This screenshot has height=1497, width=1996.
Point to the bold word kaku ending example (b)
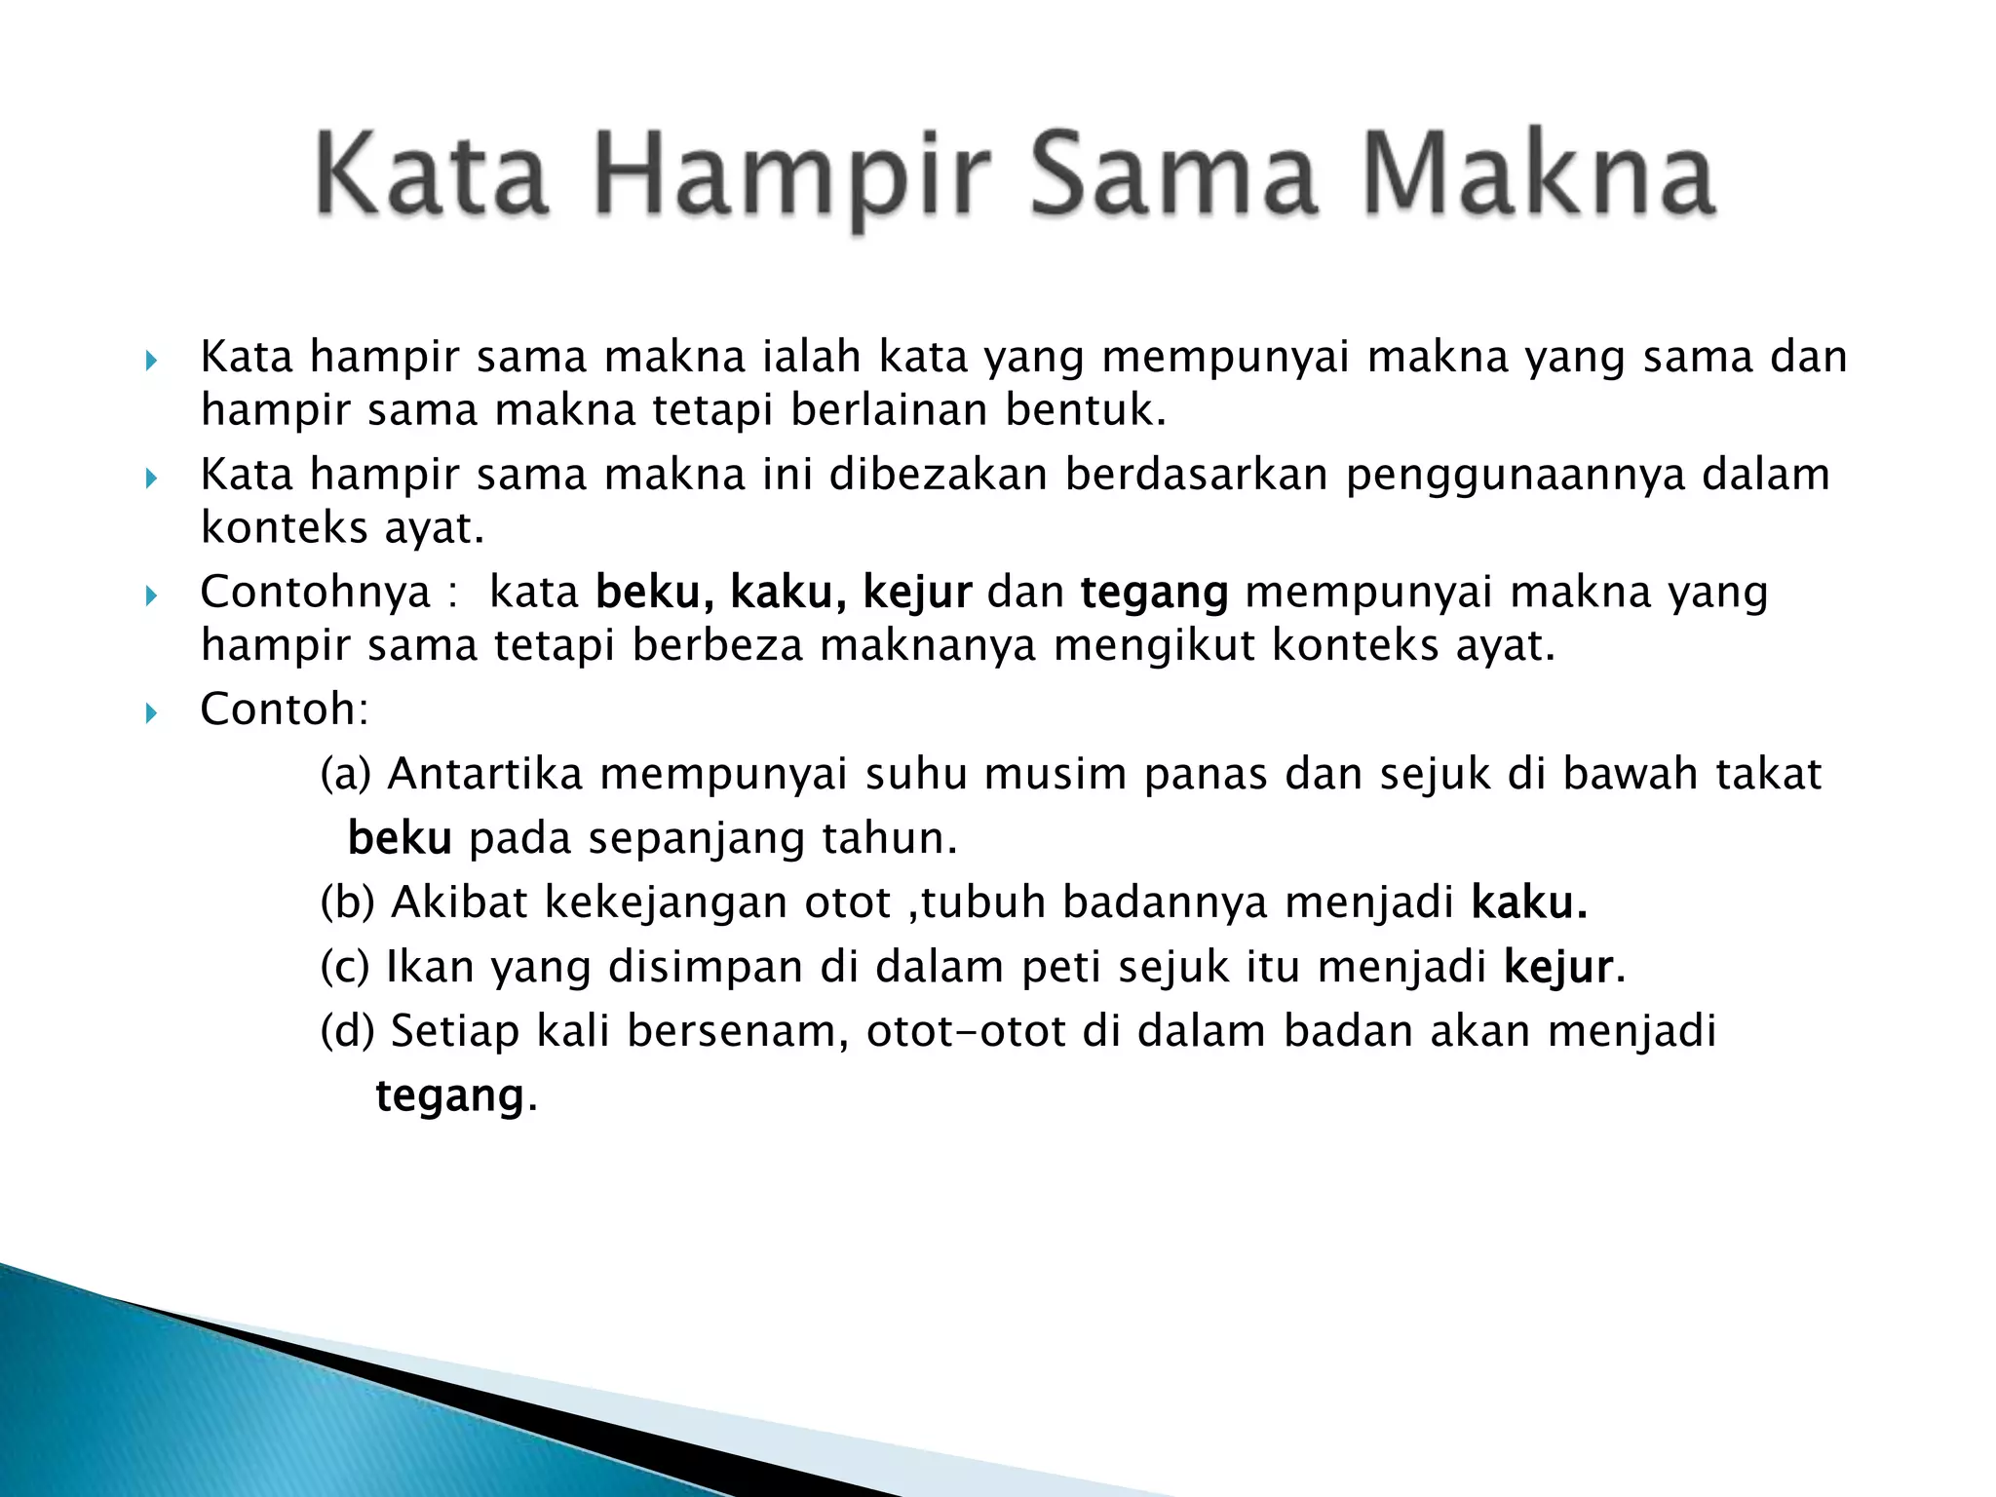(1528, 903)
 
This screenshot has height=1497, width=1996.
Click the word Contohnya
(315, 593)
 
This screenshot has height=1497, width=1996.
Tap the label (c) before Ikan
(345, 968)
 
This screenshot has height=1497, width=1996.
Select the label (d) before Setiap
(347, 1032)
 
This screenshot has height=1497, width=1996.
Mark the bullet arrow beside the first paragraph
(150, 362)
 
